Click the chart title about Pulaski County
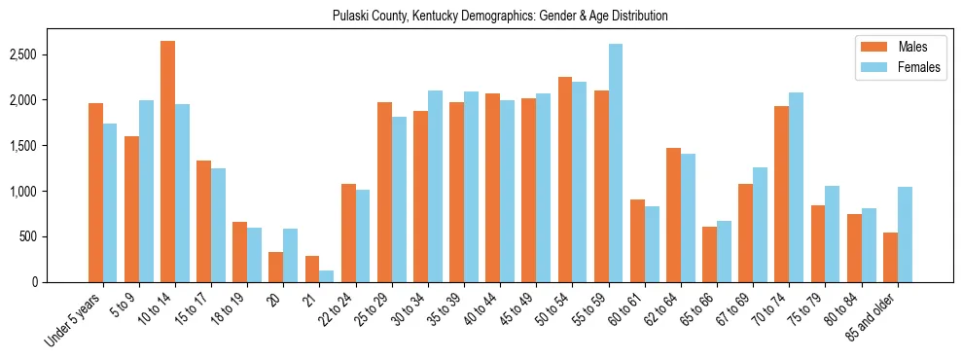(500, 17)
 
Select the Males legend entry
(883, 47)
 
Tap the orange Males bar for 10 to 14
(167, 162)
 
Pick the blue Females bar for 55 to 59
(615, 163)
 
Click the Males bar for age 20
(275, 268)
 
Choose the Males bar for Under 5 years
(95, 193)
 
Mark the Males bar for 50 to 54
(564, 179)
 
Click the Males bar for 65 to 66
(709, 254)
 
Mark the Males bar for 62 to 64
(672, 215)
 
